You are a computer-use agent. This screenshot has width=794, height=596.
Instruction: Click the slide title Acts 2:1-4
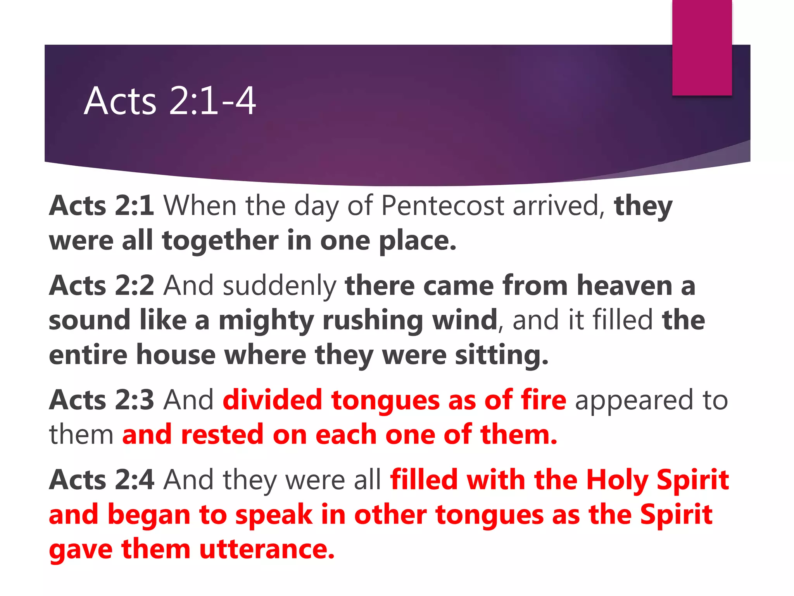point(170,101)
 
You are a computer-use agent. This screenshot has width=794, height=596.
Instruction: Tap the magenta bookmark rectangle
point(702,47)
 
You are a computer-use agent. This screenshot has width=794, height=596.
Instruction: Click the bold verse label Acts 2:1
point(102,205)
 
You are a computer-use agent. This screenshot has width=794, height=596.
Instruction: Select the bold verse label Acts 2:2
point(102,285)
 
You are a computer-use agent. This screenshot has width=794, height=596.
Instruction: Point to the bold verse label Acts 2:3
point(102,400)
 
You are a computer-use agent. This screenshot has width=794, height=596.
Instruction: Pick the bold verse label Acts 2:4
point(102,480)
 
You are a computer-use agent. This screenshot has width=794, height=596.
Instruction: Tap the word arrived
point(559,205)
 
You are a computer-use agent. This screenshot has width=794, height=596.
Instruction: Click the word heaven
point(625,285)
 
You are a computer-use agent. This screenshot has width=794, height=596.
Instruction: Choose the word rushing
point(373,321)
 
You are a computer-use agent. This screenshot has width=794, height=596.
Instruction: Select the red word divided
point(273,400)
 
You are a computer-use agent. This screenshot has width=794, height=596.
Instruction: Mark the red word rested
point(223,434)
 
